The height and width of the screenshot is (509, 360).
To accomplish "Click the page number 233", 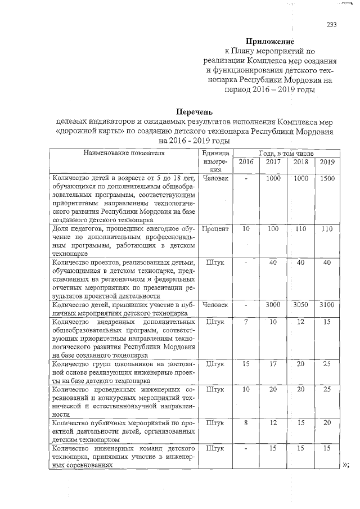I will tap(331, 24).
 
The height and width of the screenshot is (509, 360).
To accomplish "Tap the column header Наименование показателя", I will tap(124, 152).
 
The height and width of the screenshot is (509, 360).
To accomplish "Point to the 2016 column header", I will tap(246, 162).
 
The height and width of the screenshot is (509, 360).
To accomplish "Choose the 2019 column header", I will tap(327, 162).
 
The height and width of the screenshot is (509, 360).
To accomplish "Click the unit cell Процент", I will tap(214, 229).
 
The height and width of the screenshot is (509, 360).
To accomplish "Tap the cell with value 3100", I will tap(327, 304).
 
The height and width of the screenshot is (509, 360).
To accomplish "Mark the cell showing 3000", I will tap(273, 304).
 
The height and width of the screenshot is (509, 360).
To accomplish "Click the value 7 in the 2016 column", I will tap(246, 321).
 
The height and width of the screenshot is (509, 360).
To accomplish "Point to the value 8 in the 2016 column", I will tap(246, 422).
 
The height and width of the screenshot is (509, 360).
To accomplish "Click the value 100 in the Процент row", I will tap(273, 229).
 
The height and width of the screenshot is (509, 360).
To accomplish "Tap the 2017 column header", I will tap(273, 162).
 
